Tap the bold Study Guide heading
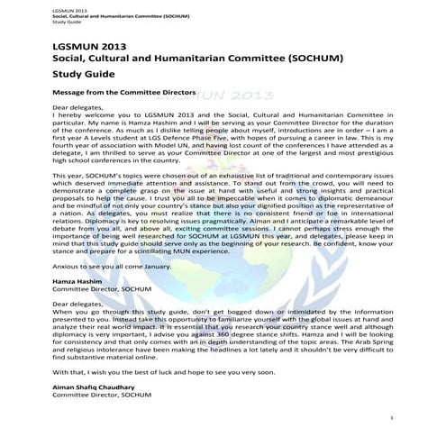click(82, 76)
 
